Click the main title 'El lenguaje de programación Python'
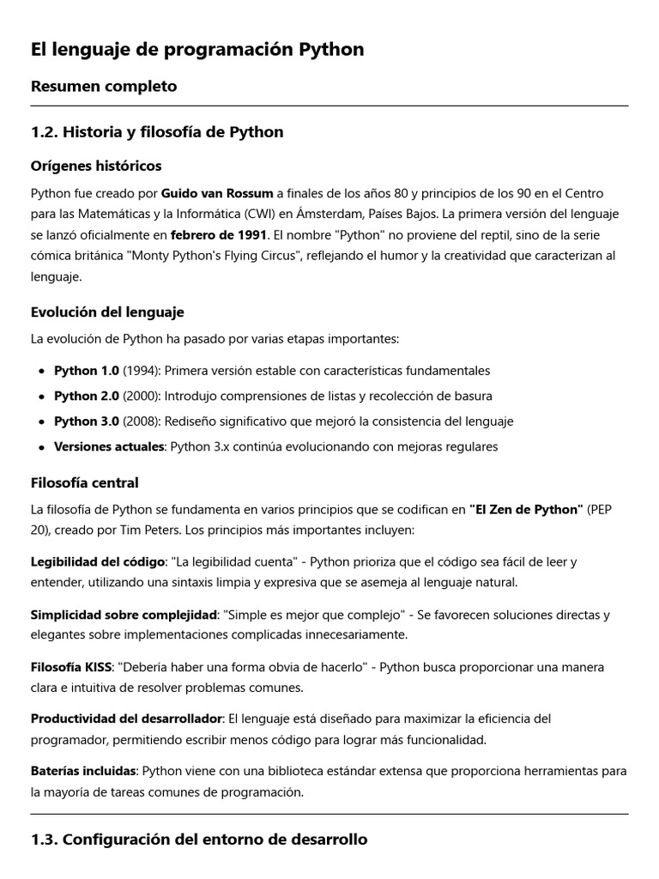pyautogui.click(x=197, y=50)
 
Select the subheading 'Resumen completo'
pyautogui.click(x=104, y=86)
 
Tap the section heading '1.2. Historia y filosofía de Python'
pyautogui.click(x=157, y=131)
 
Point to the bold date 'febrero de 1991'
pyautogui.click(x=220, y=234)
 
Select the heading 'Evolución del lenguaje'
pyautogui.click(x=107, y=312)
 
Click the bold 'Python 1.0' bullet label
pyautogui.click(x=87, y=371)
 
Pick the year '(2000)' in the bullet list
pyautogui.click(x=142, y=396)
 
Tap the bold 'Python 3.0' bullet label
pyautogui.click(x=87, y=421)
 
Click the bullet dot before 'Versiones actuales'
pyautogui.click(x=42, y=447)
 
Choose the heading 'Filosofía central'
pyautogui.click(x=85, y=482)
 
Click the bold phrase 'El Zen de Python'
pyautogui.click(x=526, y=510)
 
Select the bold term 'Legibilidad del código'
pyautogui.click(x=98, y=562)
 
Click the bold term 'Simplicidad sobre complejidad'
pyautogui.click(x=124, y=615)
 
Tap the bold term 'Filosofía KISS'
pyautogui.click(x=72, y=667)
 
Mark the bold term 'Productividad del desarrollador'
pyautogui.click(x=127, y=718)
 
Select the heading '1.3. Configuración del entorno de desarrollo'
pyautogui.click(x=199, y=840)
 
